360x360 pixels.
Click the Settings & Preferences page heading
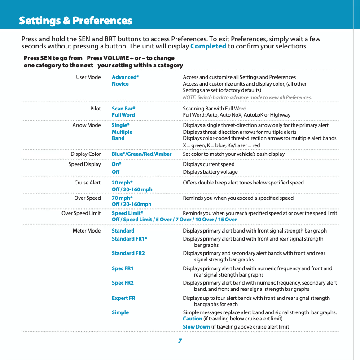pos(75,21)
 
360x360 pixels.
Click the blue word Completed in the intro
pos(208,46)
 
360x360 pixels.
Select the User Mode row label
pos(88,77)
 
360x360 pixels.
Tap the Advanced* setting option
pos(125,77)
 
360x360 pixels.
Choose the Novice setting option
pos(120,84)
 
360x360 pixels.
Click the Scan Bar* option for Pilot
pos(123,109)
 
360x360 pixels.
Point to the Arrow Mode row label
pos(87,125)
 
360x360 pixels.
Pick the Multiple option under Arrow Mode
pos(122,132)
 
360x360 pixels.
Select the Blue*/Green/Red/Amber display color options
pos(141,154)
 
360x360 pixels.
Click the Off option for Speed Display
pos(116,172)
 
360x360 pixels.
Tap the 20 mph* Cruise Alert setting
pos(122,183)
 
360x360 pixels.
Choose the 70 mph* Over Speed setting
pos(122,198)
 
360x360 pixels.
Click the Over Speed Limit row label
pos(81,213)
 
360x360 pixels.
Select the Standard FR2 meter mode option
pos(128,253)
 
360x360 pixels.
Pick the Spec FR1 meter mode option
pos(123,268)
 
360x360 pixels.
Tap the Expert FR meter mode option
pos(123,298)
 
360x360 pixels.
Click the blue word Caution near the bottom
pos(193,319)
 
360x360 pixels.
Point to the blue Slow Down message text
pos(197,326)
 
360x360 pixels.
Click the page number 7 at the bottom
pos(180,341)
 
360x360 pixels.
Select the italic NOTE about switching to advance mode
pos(247,97)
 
